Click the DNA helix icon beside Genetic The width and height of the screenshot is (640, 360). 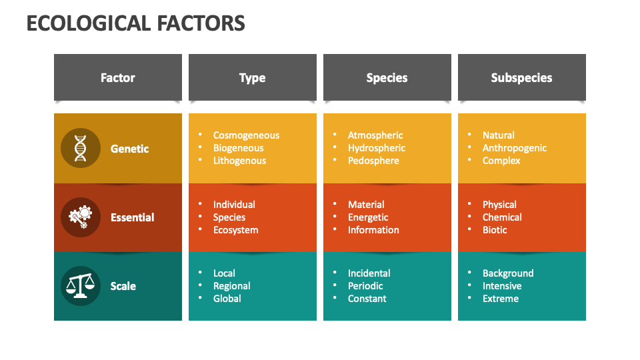81,149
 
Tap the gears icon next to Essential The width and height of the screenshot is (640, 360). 81,217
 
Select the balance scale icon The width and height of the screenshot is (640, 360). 81,286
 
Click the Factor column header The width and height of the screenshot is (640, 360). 118,78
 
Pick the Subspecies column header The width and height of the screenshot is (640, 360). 521,78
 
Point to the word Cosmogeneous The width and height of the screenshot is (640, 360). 246,135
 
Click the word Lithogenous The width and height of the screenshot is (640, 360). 239,161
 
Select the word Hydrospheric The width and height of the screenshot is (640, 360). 376,148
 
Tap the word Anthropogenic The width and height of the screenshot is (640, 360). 514,148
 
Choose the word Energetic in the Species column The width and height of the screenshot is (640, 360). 368,217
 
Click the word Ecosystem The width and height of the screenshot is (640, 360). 235,230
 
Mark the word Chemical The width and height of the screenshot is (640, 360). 502,217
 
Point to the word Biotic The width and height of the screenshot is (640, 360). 495,230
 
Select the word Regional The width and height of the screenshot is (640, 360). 231,286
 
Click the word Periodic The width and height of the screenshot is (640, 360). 365,286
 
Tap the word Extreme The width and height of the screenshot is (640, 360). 500,299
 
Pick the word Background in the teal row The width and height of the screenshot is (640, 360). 508,273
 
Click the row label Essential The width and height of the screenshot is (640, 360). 132,217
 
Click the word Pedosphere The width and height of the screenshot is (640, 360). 373,161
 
